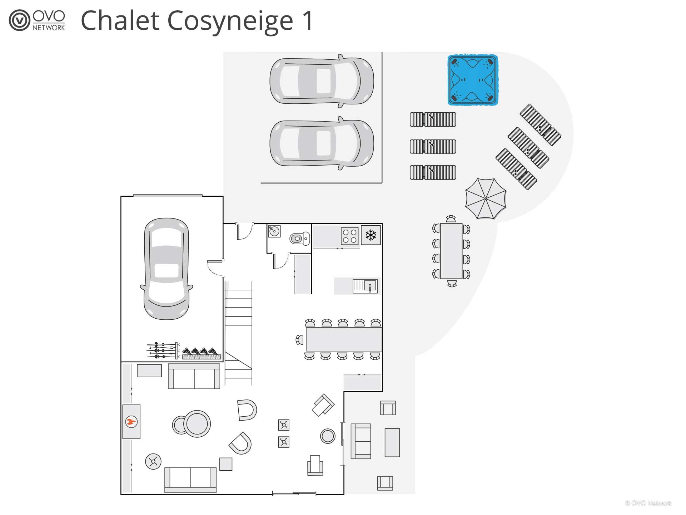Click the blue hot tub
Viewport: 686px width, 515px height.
coord(472,80)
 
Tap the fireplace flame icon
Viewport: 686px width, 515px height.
coord(131,422)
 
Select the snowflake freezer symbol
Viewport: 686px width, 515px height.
coord(371,235)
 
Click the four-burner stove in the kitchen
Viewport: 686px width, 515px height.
coord(349,236)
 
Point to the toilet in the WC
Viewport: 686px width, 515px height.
coord(299,239)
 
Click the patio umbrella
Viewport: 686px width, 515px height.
coord(486,198)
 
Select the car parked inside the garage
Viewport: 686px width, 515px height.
coord(166,268)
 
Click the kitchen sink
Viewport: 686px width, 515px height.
coord(365,286)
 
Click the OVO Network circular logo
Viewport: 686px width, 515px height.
coord(19,20)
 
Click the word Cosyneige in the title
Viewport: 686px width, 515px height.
coord(230,21)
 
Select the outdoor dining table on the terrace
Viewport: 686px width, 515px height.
coord(451,251)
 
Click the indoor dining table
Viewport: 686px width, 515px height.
coord(343,339)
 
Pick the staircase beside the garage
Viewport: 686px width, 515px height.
coord(238,333)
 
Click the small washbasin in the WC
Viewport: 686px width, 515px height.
coord(274,231)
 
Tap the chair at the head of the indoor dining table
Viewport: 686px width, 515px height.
coord(299,339)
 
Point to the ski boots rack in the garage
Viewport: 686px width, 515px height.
coord(202,353)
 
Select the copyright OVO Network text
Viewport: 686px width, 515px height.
coord(648,503)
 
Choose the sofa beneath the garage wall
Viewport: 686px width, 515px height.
coord(194,376)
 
